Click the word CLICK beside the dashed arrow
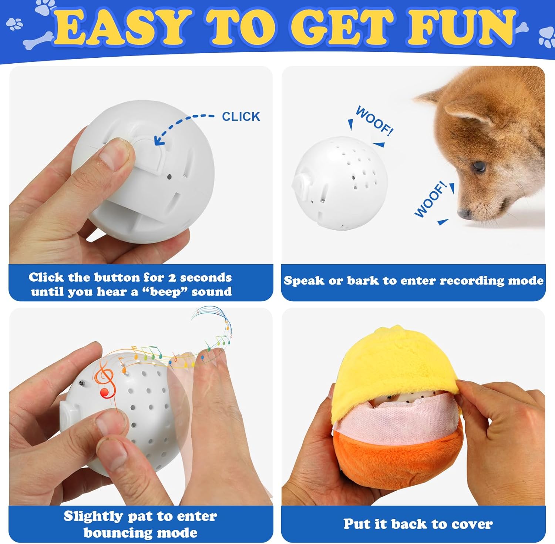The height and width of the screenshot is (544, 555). pos(241,117)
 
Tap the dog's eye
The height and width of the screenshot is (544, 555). pos(479,166)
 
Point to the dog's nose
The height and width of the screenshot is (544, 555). pos(464,214)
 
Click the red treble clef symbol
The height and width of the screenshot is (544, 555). pos(105,381)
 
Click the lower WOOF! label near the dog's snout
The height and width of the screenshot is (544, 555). pos(430,199)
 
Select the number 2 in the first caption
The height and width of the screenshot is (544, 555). pos(172,278)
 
